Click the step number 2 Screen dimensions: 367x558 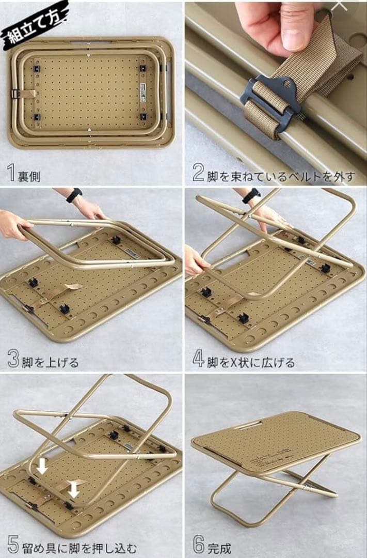click(198, 173)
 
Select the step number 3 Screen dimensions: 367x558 click(13, 359)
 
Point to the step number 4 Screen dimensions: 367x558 click(198, 359)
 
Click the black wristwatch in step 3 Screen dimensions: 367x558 click(74, 195)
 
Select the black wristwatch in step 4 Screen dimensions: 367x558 click(251, 196)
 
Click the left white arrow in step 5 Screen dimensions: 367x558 click(42, 466)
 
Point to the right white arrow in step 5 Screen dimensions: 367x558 click(73, 489)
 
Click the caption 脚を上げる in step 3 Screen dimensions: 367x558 click(50, 362)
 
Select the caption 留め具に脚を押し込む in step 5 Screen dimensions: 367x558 click(79, 548)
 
